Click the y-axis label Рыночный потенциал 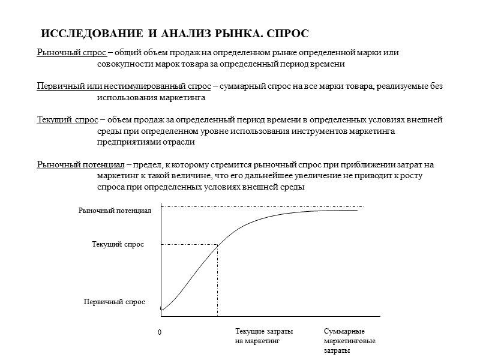click(115, 211)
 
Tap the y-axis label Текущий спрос click(118, 244)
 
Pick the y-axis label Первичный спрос click(114, 302)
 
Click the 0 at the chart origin click(160, 332)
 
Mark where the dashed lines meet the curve click(217, 244)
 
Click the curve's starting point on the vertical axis click(161, 310)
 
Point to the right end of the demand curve click(357, 210)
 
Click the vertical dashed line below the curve click(217, 282)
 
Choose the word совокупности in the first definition click(122, 64)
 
